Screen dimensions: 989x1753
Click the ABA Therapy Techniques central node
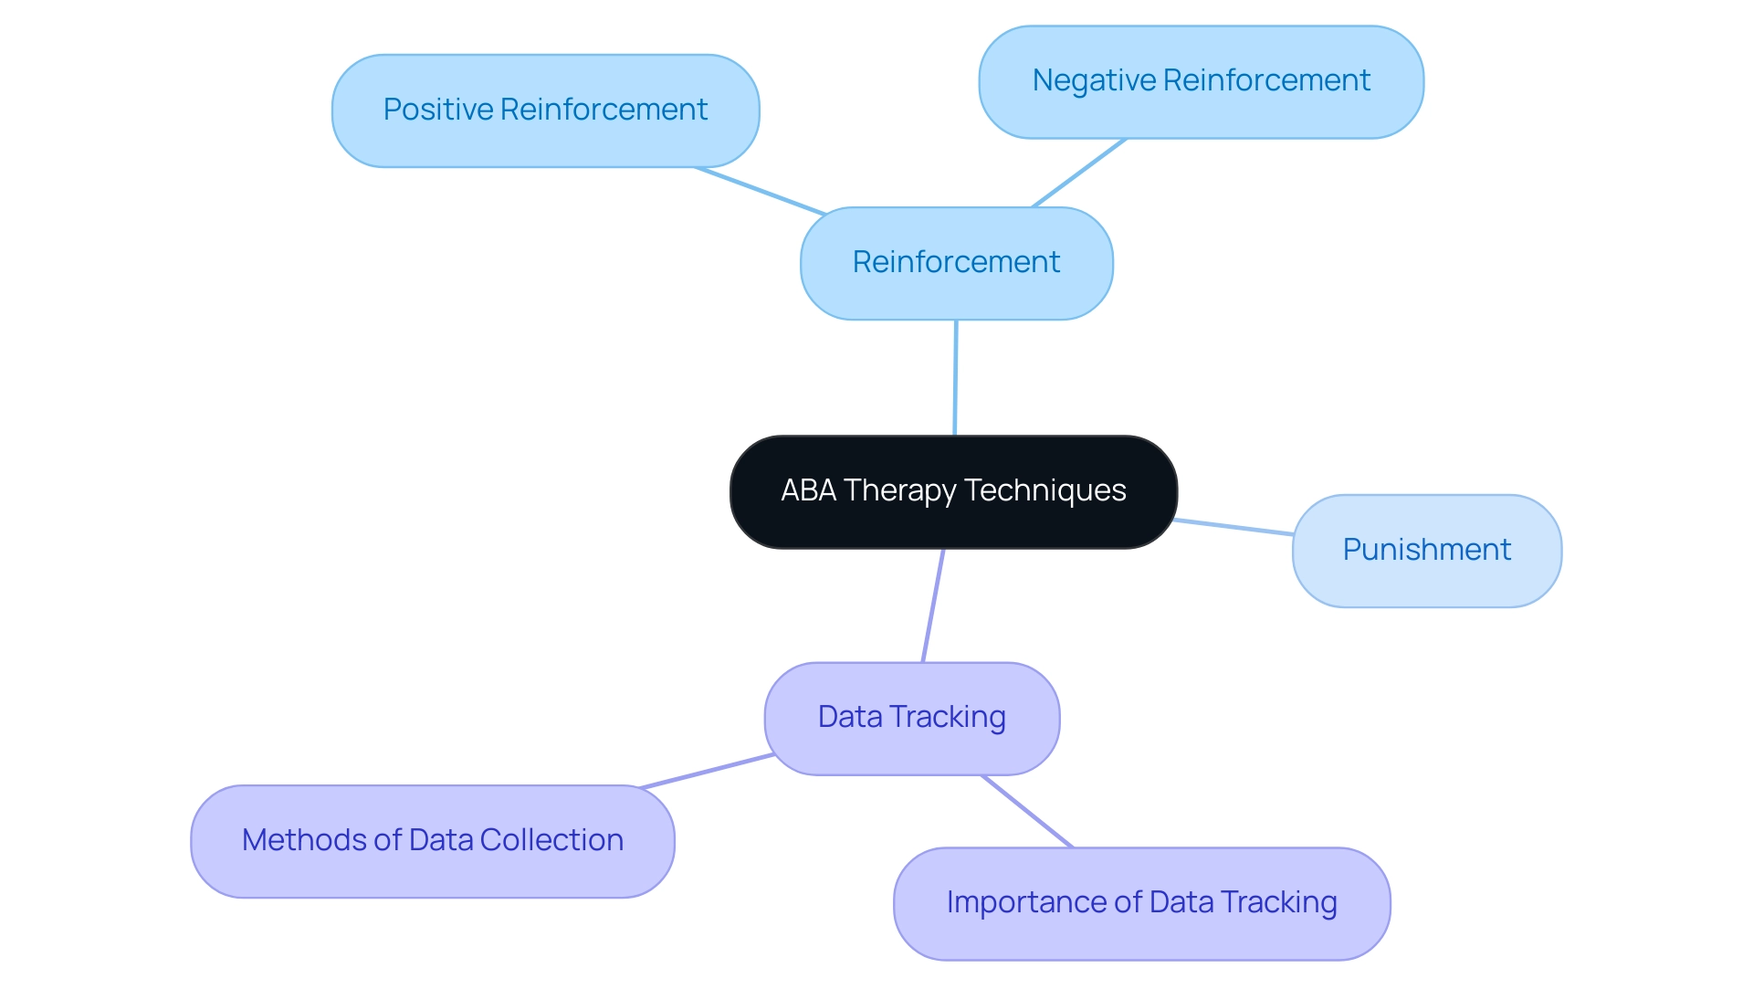pos(953,492)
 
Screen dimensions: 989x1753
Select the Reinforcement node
pos(956,263)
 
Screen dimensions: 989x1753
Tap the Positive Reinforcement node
pos(545,110)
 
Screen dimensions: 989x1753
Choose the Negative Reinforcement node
pos(1201,81)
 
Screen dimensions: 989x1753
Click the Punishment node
pos(1426,551)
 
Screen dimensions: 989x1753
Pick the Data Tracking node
pos(911,718)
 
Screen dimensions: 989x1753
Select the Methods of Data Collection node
pos(432,841)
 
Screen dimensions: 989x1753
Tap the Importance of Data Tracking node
pos(1141,903)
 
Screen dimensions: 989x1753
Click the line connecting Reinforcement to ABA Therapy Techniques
pos(955,378)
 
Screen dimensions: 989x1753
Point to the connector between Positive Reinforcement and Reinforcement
pos(761,191)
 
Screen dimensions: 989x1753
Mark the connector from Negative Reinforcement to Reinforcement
pos(1078,174)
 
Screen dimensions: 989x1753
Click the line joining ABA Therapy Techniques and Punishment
pos(1233,527)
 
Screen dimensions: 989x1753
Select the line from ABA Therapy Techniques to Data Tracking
pos(932,605)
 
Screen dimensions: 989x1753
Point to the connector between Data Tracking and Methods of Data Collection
pos(708,771)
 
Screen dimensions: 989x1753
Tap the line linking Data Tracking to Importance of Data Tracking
pos(1027,812)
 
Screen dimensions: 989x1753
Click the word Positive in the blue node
pos(437,110)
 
